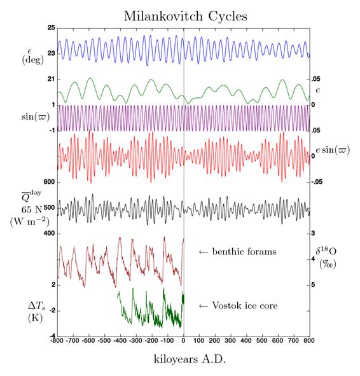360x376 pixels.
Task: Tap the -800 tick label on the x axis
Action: (x=57, y=342)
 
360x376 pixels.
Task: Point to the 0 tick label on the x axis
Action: (x=183, y=342)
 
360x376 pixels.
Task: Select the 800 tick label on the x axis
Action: (x=310, y=342)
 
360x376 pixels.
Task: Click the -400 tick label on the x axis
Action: (x=120, y=342)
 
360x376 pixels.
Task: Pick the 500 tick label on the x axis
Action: (x=262, y=342)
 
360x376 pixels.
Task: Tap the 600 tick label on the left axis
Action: (x=48, y=182)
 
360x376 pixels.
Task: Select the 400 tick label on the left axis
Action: (x=48, y=233)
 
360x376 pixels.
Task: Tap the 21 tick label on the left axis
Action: (x=50, y=80)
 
